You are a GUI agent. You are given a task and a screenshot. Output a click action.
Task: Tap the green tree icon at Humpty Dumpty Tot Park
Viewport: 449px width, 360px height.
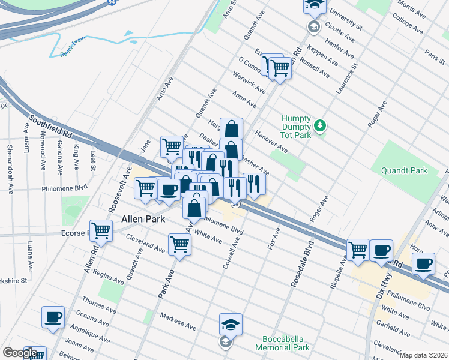(x=321, y=125)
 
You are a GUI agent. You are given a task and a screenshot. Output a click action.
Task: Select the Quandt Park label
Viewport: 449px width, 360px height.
(x=404, y=170)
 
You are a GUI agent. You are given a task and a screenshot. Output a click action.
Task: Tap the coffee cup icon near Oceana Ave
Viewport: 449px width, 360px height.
(x=53, y=316)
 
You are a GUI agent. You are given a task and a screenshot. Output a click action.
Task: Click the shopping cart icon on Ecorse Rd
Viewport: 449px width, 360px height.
(x=101, y=230)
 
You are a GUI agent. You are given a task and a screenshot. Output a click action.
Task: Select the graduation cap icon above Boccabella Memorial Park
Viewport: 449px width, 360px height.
(x=231, y=325)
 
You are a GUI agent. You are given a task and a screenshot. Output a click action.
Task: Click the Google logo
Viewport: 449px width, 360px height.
(x=20, y=353)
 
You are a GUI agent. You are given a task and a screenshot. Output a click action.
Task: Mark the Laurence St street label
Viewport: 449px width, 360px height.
(x=346, y=78)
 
